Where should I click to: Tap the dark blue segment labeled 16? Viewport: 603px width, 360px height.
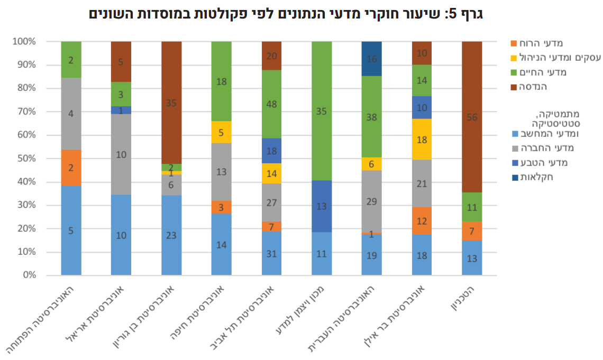(x=371, y=59)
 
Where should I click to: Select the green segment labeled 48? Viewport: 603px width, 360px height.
(x=271, y=104)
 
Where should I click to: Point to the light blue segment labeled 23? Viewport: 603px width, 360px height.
(x=171, y=235)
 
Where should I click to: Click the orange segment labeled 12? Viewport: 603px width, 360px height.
(x=422, y=220)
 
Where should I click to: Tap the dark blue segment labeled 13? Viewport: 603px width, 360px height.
(x=322, y=206)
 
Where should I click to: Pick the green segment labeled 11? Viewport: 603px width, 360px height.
(x=472, y=207)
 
